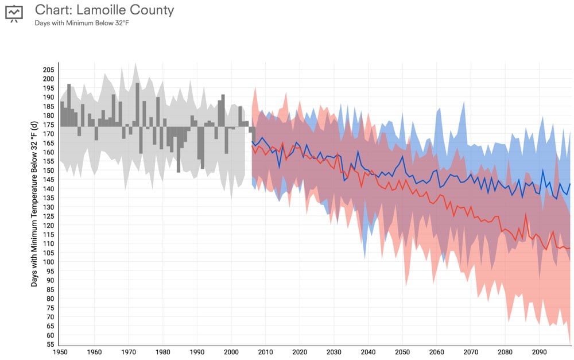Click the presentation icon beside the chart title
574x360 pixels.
click(14, 13)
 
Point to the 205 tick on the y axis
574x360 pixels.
click(48, 69)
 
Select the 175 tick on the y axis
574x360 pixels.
click(48, 125)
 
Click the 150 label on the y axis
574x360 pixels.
click(48, 171)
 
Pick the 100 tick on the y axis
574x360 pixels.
click(48, 262)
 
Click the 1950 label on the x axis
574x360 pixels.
click(60, 352)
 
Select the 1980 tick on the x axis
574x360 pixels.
click(162, 352)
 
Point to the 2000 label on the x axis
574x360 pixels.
click(231, 352)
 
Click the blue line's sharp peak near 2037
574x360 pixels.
click(358, 152)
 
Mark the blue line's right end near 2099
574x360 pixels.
click(570, 184)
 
